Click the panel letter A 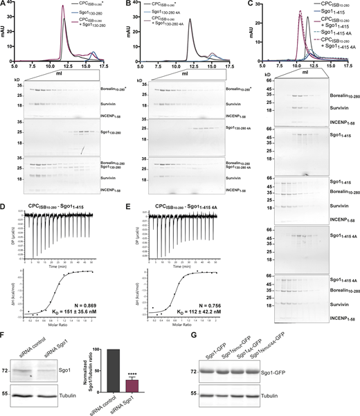pyautogui.click(x=4, y=5)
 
